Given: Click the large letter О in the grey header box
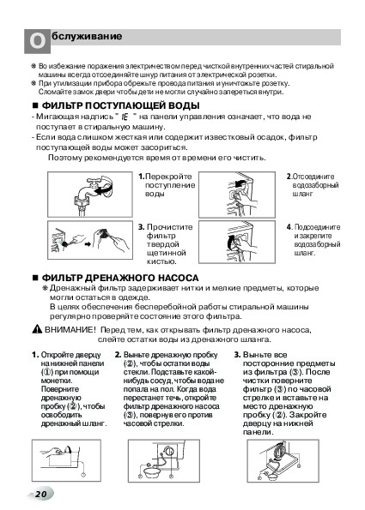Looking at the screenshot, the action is pyautogui.click(x=38, y=42).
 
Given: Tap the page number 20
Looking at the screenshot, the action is pyautogui.click(x=41, y=494).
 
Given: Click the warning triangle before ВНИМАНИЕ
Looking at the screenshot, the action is pyautogui.click(x=37, y=329).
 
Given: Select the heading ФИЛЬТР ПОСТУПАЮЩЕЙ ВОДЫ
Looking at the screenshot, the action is pyautogui.click(x=120, y=105).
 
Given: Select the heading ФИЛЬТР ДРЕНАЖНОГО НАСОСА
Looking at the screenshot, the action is pyautogui.click(x=120, y=278).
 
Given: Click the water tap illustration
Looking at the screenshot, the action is pyautogui.click(x=90, y=195).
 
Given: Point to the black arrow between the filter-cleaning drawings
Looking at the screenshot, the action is pyautogui.click(x=88, y=244).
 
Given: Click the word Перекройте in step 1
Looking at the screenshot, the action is pyautogui.click(x=168, y=177).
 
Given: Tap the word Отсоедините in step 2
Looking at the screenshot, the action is pyautogui.click(x=313, y=177).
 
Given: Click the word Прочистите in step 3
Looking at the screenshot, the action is pyautogui.click(x=169, y=227).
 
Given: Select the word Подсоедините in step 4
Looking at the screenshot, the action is pyautogui.click(x=318, y=227).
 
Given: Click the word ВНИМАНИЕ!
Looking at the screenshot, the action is pyautogui.click(x=70, y=330).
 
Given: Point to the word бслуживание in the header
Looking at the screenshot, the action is pyautogui.click(x=87, y=36).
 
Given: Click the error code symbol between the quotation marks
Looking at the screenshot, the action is pyautogui.click(x=125, y=117).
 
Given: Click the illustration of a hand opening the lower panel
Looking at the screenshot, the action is pyautogui.click(x=66, y=460).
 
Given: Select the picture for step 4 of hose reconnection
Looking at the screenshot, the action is pyautogui.click(x=237, y=242).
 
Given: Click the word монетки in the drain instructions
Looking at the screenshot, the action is pyautogui.click(x=57, y=381).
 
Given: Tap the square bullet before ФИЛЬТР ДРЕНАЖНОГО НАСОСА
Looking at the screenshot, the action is pyautogui.click(x=35, y=278).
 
